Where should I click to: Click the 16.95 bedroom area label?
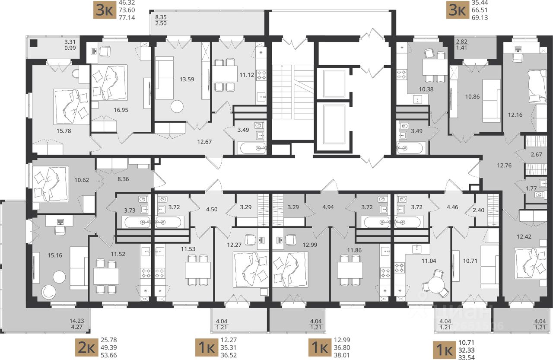121,110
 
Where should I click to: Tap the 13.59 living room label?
187,79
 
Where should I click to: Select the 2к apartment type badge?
87,347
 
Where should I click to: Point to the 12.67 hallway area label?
204,142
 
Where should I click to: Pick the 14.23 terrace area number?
77,321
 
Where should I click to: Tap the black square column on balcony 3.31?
33,43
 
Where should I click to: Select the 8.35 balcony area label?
161,17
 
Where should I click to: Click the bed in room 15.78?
71,107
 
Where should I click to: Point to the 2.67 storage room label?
537,155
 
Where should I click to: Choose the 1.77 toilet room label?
531,188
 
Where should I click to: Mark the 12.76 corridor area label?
504,166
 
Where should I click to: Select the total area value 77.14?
127,18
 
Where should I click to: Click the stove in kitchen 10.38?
402,74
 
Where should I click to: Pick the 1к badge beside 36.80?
320,347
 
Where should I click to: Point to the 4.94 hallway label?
328,207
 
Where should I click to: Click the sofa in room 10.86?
492,101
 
